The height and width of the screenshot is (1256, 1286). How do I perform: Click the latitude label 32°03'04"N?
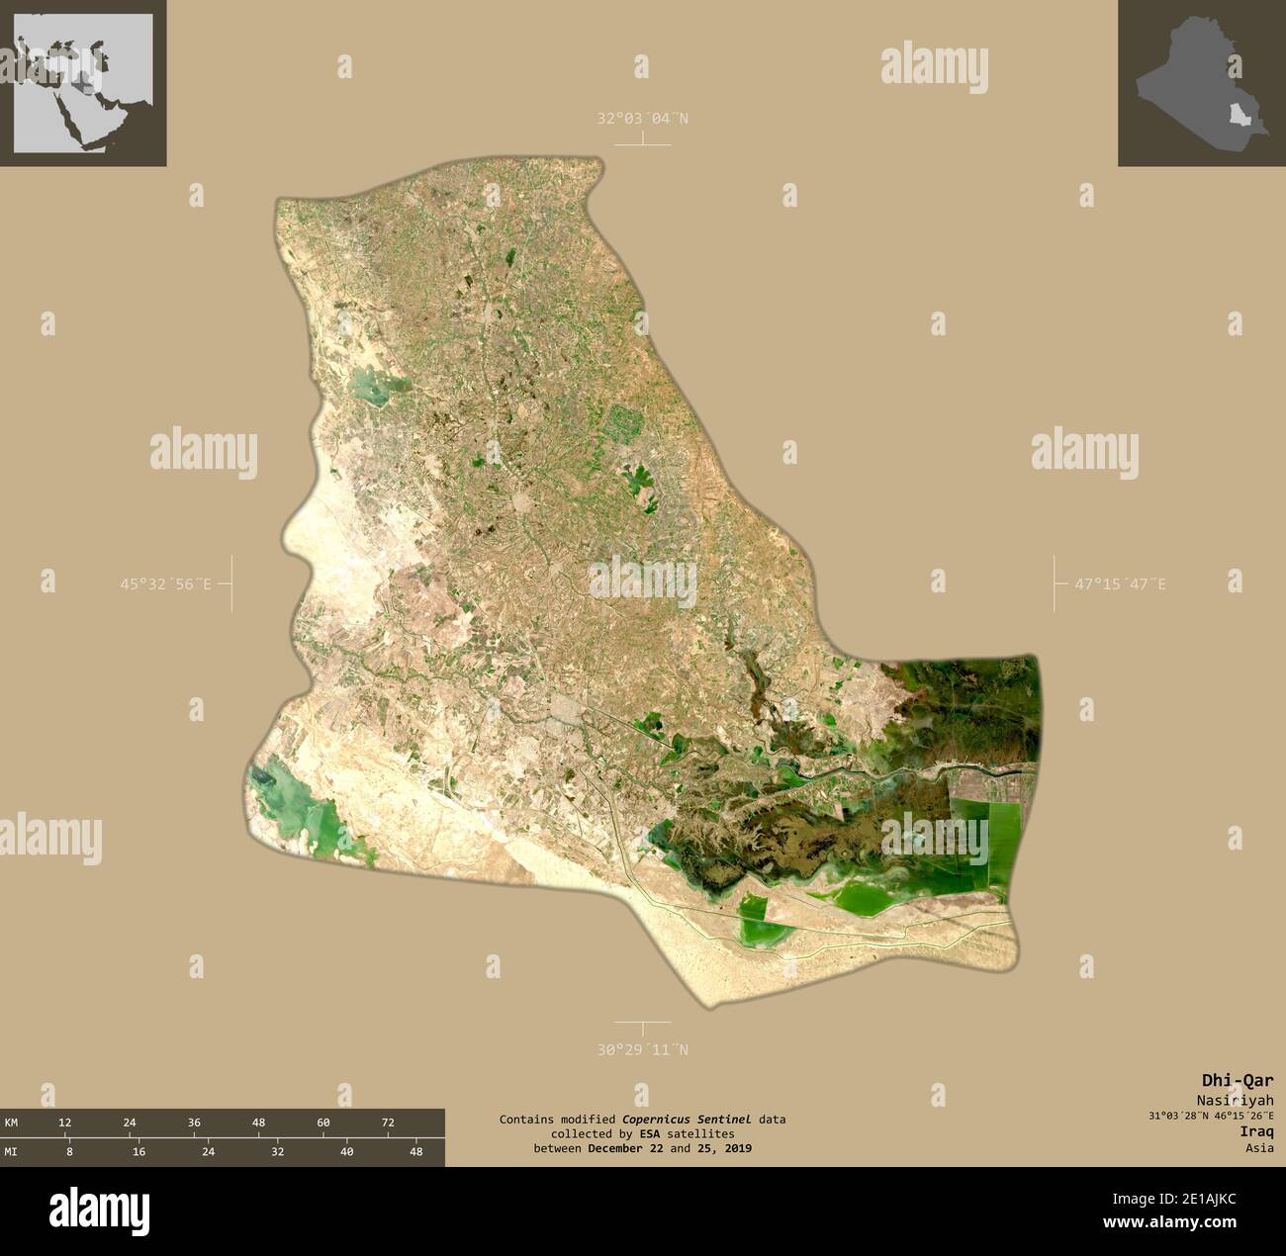pos(642,119)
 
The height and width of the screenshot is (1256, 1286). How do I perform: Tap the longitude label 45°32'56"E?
pos(166,584)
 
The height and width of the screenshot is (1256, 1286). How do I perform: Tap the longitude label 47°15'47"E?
pos(1120,584)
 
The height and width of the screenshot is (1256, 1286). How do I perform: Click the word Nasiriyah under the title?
pos(1235,1100)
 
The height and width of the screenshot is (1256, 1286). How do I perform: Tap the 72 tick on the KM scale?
pos(388,1122)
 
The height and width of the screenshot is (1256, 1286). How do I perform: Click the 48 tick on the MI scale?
pos(415,1151)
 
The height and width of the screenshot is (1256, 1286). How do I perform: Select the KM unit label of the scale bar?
pos(11,1122)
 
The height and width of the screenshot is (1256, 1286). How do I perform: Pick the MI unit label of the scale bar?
pos(11,1151)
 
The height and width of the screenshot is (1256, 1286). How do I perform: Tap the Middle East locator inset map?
pos(83,83)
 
